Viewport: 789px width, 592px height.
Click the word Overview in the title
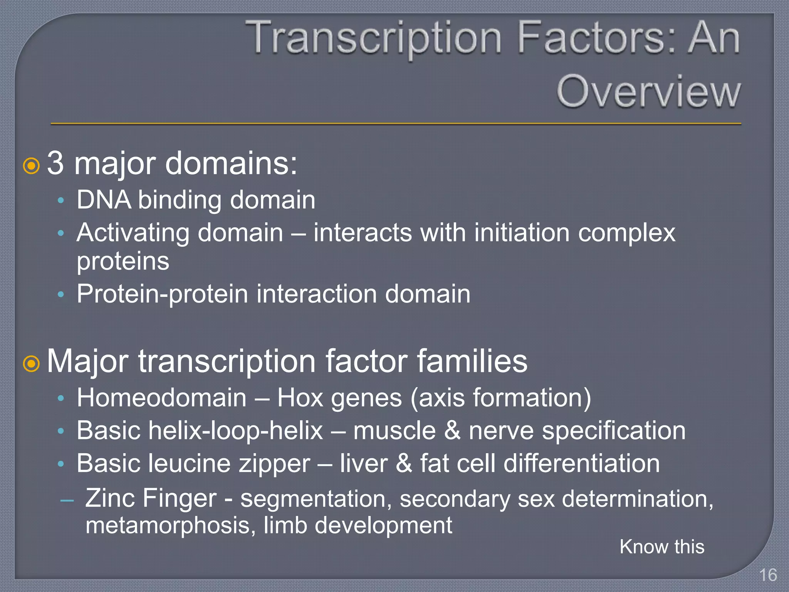(648, 92)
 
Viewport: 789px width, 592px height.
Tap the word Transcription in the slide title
(373, 38)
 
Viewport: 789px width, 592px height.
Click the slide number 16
(767, 575)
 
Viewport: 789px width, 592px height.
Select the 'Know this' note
(661, 547)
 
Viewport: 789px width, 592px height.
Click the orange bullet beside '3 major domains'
(32, 166)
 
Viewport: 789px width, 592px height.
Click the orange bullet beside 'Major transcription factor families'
(32, 364)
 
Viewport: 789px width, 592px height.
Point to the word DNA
(103, 200)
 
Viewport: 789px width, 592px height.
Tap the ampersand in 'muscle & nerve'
(452, 431)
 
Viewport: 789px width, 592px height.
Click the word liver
(363, 464)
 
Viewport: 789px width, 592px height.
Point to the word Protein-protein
(162, 294)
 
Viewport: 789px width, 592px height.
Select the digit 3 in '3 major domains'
(55, 163)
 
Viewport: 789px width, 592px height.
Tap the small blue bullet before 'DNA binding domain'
(60, 200)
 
